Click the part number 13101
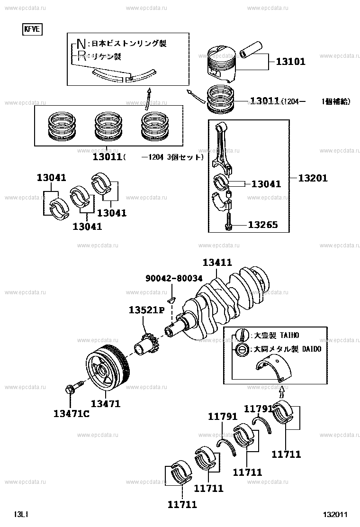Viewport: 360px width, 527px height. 290,61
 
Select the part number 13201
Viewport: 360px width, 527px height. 313,178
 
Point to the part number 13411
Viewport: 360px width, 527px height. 217,262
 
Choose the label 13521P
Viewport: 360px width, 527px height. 146,310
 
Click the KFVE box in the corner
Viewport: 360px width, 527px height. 33,30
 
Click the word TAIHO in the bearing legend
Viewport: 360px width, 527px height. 289,336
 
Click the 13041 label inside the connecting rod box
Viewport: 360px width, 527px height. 266,184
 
